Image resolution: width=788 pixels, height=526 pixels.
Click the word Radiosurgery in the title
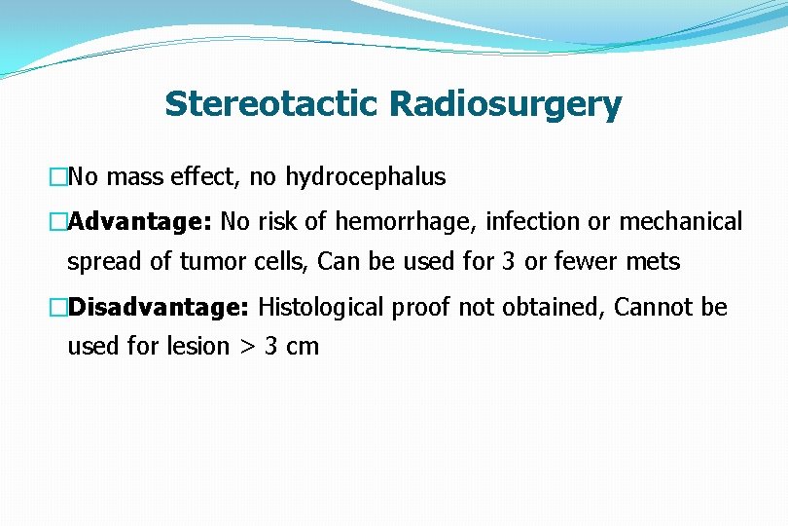(505, 103)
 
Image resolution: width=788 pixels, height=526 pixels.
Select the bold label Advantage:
(140, 222)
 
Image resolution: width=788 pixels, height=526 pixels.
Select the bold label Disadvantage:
(159, 308)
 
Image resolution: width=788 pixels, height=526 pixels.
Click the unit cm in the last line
(304, 347)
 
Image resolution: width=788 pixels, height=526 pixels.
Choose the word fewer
(585, 262)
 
